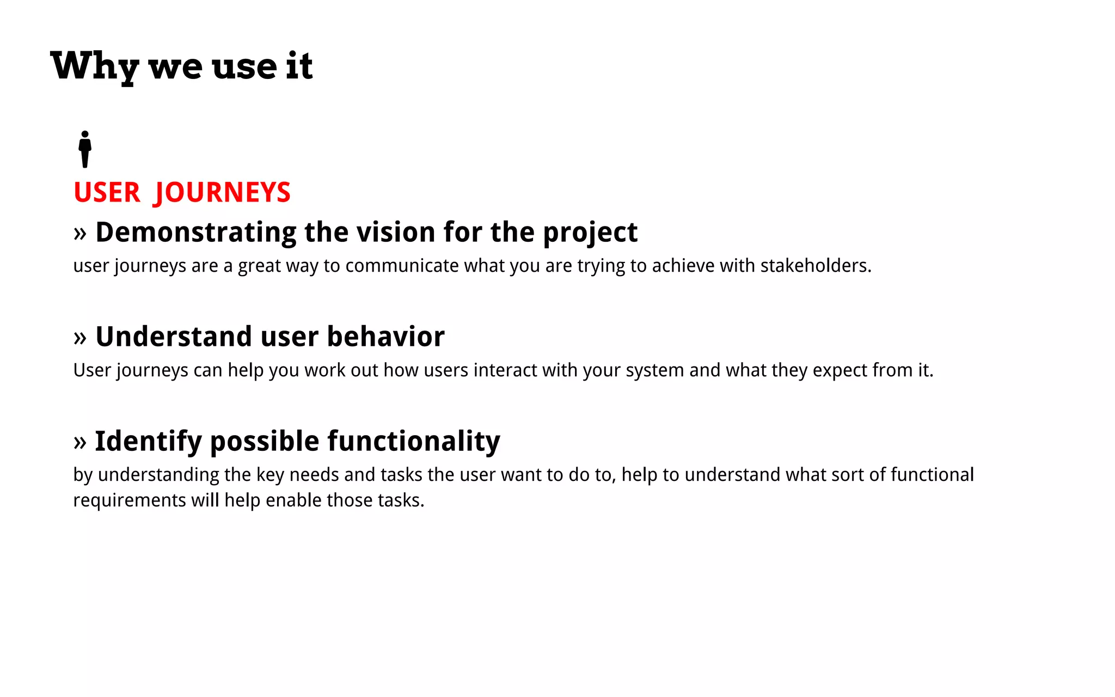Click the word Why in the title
94,66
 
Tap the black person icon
85,149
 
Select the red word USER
107,193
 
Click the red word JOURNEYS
223,193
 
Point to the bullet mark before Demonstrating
80,233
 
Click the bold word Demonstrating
195,233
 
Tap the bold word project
590,233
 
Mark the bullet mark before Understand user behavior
80,338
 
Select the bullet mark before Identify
80,442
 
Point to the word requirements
130,500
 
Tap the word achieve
683,266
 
